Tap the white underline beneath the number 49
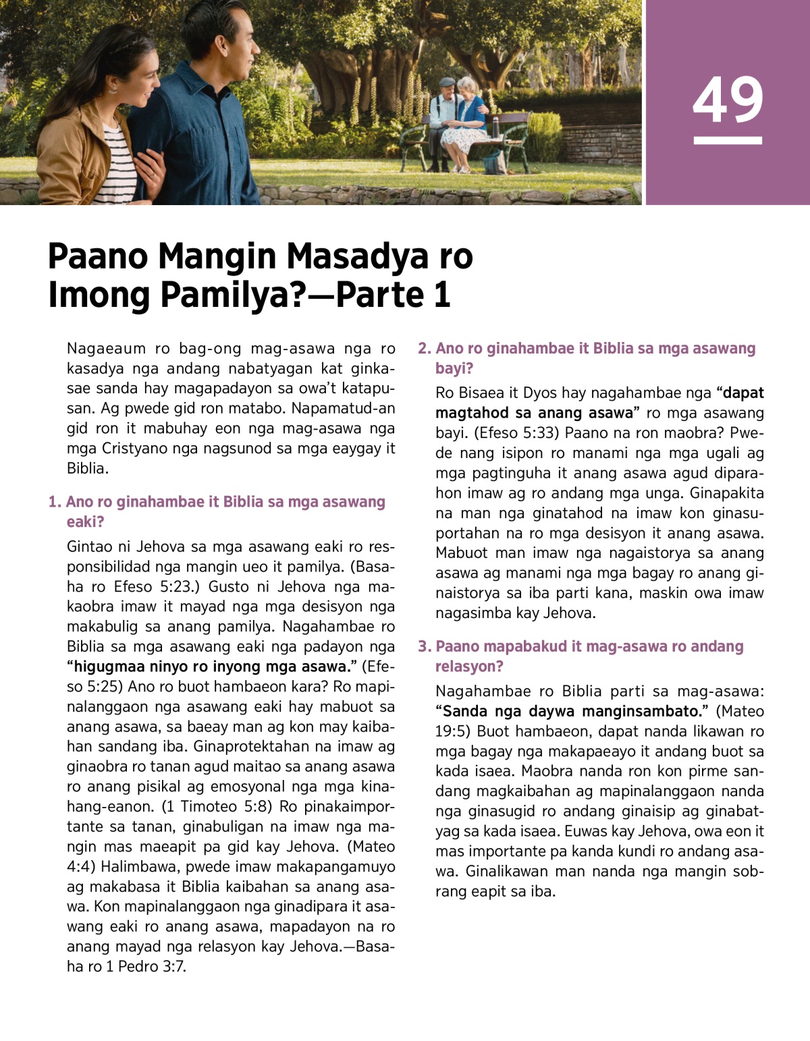728,140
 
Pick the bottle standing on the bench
495,125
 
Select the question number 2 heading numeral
424,349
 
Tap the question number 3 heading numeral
424,646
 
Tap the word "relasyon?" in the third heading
469,667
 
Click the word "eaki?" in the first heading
85,522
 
